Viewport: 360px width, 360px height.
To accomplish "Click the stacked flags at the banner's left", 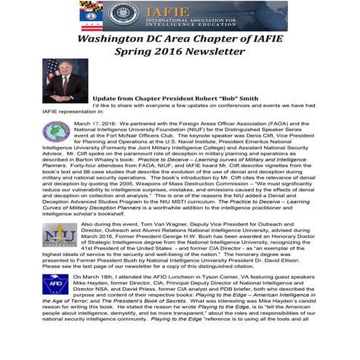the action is point(92,15).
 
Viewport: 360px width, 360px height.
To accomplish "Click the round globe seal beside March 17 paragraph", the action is point(56,132).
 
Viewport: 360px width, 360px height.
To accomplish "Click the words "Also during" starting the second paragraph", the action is point(89,225).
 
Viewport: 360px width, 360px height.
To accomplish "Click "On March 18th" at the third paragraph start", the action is point(96,277).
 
